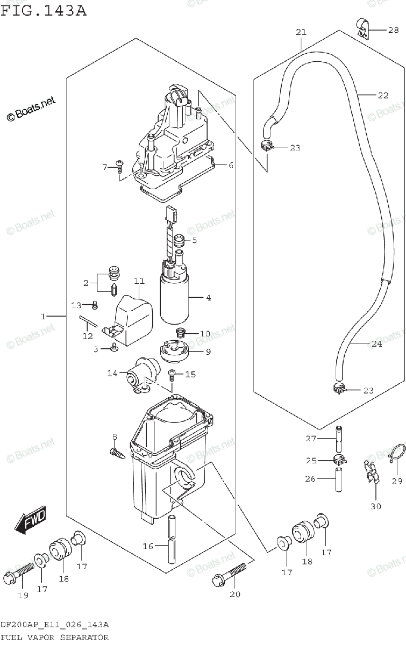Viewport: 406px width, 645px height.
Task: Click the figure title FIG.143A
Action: pyautogui.click(x=44, y=10)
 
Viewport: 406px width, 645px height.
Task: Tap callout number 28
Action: pyautogui.click(x=394, y=31)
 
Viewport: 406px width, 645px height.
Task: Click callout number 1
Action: pyautogui.click(x=43, y=317)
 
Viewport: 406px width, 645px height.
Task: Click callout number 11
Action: pyautogui.click(x=140, y=282)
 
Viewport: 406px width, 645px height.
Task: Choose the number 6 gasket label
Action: pyautogui.click(x=231, y=166)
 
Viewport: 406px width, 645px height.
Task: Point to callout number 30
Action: pyautogui.click(x=375, y=506)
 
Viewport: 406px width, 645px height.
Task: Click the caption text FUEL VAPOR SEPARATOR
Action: pyautogui.click(x=54, y=638)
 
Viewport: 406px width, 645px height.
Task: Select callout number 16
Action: pyautogui.click(x=148, y=547)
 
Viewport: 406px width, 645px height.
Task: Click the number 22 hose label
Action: pyautogui.click(x=382, y=96)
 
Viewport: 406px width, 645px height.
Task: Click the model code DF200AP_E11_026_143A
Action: pyautogui.click(x=55, y=625)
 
